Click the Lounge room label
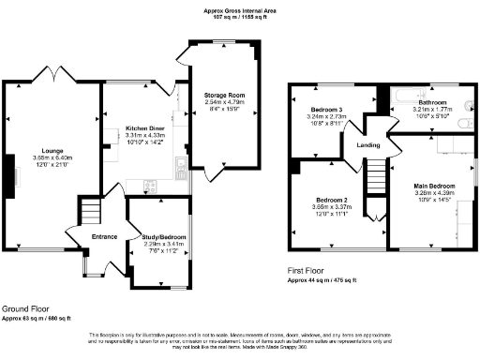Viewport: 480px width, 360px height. pyautogui.click(x=46, y=149)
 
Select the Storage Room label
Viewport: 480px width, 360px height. pyautogui.click(x=224, y=95)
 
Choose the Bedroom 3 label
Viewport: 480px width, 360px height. pyautogui.click(x=326, y=111)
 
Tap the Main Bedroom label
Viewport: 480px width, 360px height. pyautogui.click(x=433, y=186)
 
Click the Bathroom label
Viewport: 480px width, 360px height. pyautogui.click(x=432, y=102)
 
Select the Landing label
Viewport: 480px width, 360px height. pyautogui.click(x=368, y=144)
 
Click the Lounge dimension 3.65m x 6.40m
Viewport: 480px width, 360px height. pyautogui.click(x=46, y=157)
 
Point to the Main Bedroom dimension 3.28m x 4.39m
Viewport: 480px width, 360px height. pyautogui.click(x=433, y=193)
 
